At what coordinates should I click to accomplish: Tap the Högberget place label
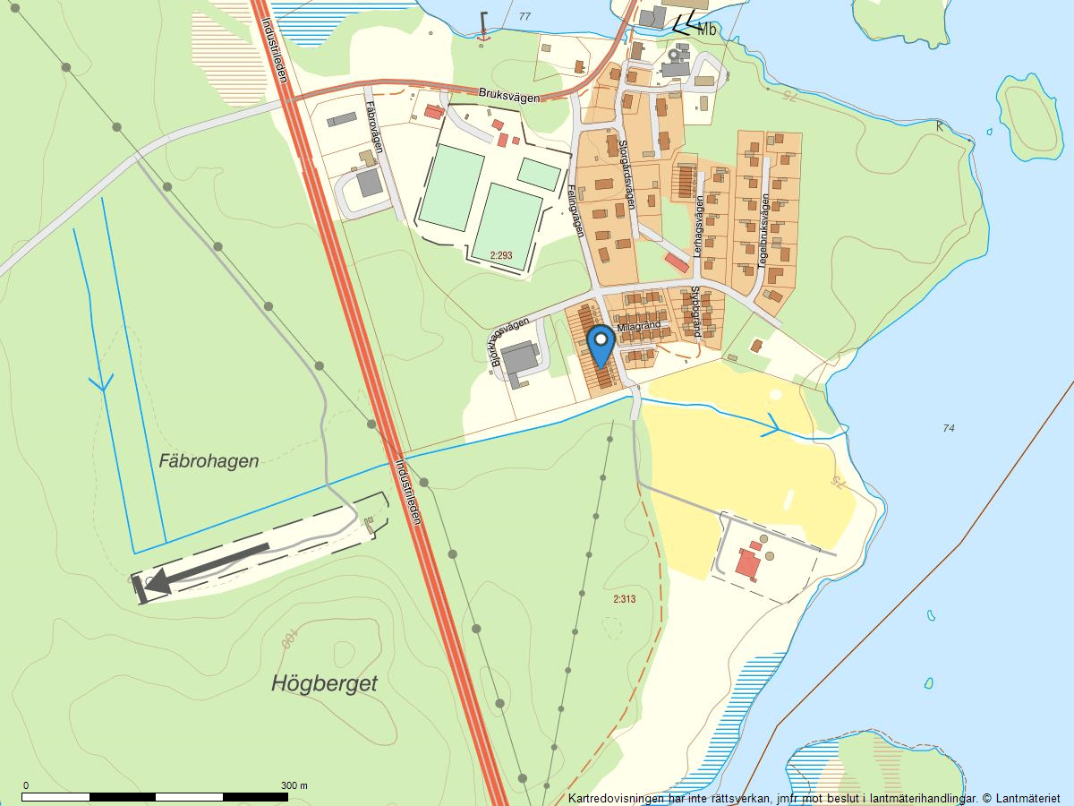coord(324,684)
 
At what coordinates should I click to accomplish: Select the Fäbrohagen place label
coord(209,461)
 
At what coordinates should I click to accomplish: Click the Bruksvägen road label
coord(509,94)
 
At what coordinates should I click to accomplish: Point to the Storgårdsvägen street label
coord(626,174)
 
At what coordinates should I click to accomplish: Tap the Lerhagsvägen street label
coord(699,227)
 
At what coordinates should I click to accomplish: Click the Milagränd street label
coord(637,327)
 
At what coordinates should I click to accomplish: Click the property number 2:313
coord(624,599)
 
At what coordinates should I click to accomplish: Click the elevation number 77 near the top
coord(524,17)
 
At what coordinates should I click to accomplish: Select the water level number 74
coord(949,428)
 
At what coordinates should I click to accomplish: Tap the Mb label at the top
coord(707,30)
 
